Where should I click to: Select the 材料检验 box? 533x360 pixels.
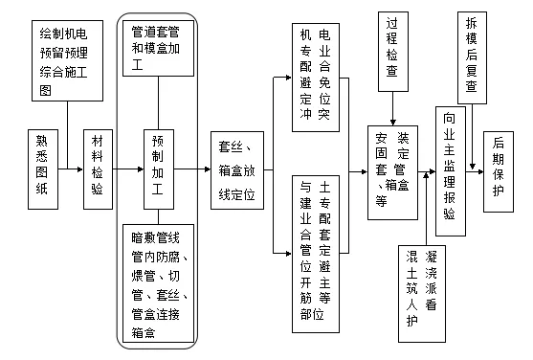[x=98, y=169]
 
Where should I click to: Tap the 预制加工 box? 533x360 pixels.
[x=157, y=169]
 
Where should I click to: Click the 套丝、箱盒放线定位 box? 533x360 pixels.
[x=235, y=169]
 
